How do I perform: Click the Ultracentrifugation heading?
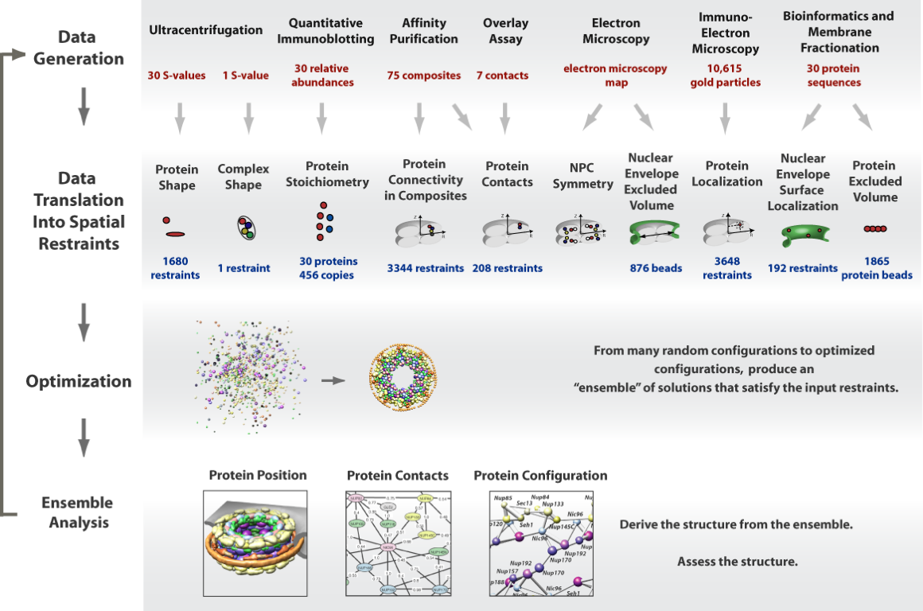click(205, 30)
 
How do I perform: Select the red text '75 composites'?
click(424, 76)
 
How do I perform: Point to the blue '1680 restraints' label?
click(176, 268)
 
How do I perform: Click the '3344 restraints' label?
click(424, 268)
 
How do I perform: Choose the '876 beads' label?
click(656, 268)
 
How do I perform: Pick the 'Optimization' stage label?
click(79, 381)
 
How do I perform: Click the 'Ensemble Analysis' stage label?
click(77, 512)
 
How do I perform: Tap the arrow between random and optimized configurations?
click(333, 380)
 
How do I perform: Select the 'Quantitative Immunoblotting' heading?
click(331, 31)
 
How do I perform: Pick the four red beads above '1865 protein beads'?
click(875, 229)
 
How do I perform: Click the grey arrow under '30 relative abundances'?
click(321, 117)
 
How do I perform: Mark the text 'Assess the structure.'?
click(737, 562)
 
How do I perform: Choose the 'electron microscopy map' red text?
click(616, 76)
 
